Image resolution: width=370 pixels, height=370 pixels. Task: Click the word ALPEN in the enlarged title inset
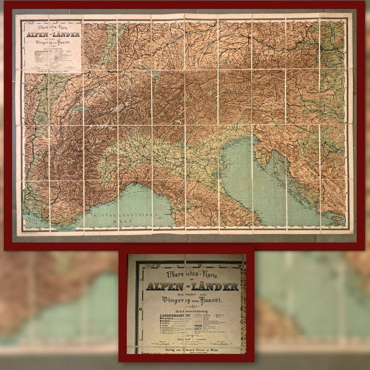(166, 286)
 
